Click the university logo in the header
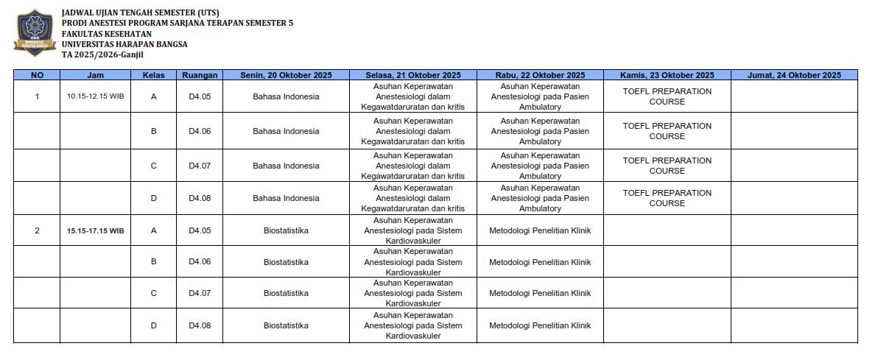click(35, 33)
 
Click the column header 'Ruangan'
click(200, 75)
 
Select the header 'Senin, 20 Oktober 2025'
click(286, 75)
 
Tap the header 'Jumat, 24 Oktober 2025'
click(793, 75)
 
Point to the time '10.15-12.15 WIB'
click(96, 96)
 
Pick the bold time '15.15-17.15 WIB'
click(96, 230)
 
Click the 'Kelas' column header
click(153, 75)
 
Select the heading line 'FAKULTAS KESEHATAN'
click(107, 34)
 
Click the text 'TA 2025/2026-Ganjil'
click(102, 54)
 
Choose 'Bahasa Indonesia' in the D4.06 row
click(286, 131)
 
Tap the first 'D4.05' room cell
click(200, 96)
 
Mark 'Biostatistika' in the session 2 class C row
click(286, 293)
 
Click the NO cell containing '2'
click(37, 230)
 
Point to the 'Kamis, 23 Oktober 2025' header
click(667, 75)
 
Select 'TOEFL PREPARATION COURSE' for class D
click(667, 198)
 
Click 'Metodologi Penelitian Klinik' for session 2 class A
click(540, 230)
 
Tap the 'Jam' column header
click(96, 75)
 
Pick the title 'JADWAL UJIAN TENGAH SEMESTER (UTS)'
click(140, 13)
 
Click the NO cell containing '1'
click(37, 96)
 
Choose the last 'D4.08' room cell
click(200, 325)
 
